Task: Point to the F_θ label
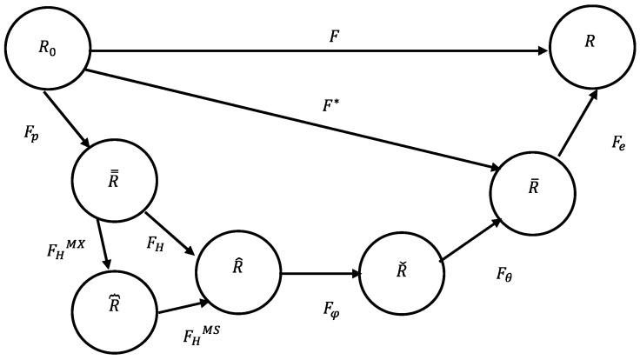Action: click(506, 276)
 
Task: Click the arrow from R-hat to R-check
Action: click(319, 274)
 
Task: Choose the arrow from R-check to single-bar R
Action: click(470, 238)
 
